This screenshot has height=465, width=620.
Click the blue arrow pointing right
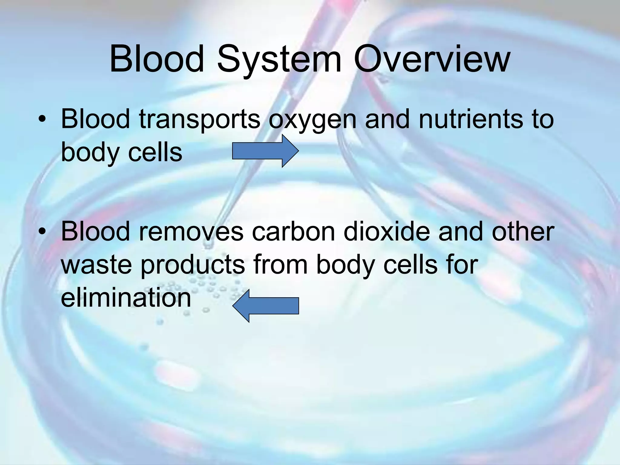(265, 151)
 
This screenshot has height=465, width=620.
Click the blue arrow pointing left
(265, 306)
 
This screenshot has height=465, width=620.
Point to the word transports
(200, 119)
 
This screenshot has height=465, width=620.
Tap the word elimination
(126, 298)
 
